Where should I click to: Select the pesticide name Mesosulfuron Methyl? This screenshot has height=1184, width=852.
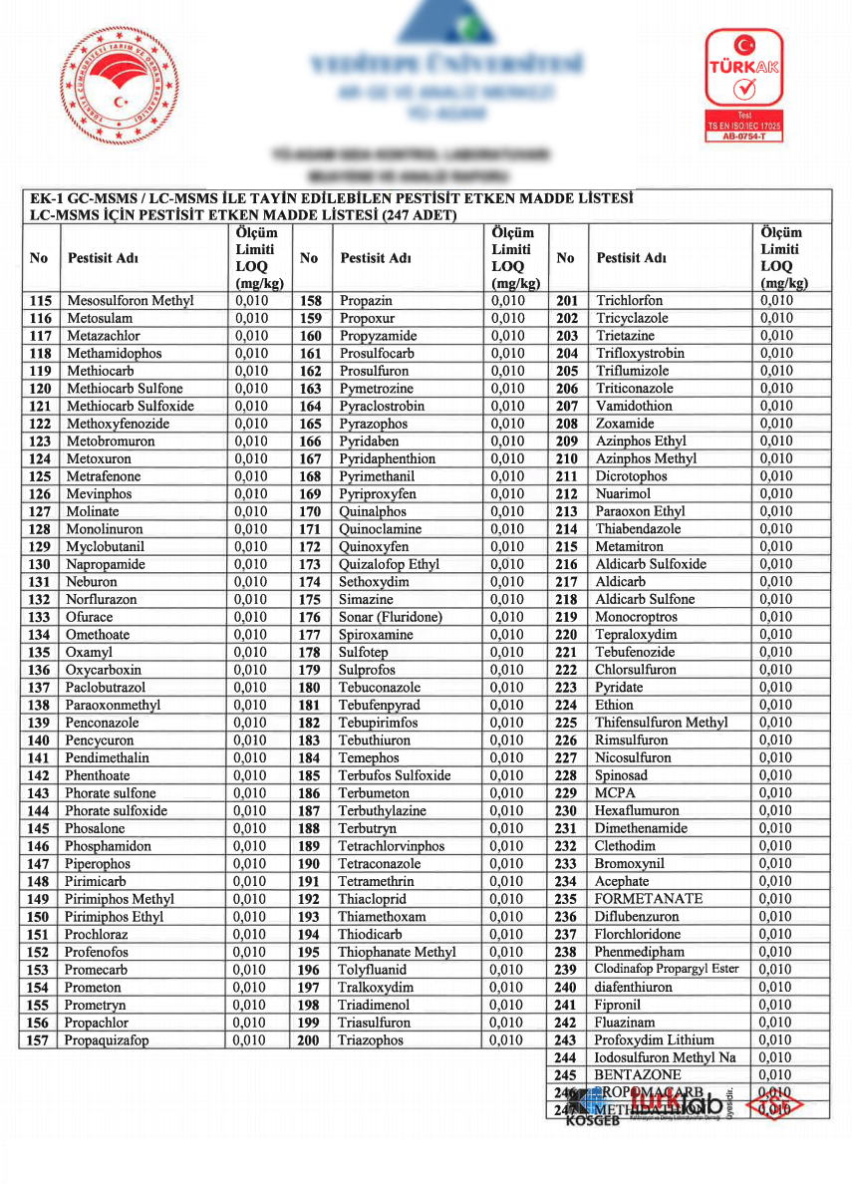coord(130,301)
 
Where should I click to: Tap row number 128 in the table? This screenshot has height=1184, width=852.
coord(40,529)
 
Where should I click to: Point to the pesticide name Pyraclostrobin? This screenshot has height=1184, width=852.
coord(382,407)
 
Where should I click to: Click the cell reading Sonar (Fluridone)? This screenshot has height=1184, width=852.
coord(390,618)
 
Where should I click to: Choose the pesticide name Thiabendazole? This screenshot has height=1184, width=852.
coord(639,529)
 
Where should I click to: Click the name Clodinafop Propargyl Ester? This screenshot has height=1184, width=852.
coord(667,970)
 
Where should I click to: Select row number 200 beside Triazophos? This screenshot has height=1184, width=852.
coord(309,1040)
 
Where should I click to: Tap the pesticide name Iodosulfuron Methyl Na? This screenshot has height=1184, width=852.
coord(665,1057)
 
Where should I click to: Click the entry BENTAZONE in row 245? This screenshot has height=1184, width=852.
coord(638,1075)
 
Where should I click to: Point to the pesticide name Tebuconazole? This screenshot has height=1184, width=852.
coord(380,688)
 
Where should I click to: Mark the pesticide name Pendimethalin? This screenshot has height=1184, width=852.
coord(108,758)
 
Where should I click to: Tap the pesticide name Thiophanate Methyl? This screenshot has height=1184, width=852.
coord(397,952)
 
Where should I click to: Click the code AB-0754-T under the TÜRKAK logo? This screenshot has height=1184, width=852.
coord(743,137)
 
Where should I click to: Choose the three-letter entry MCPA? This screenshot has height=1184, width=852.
coord(615,793)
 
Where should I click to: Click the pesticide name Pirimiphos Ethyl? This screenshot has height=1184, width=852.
coord(115,917)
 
